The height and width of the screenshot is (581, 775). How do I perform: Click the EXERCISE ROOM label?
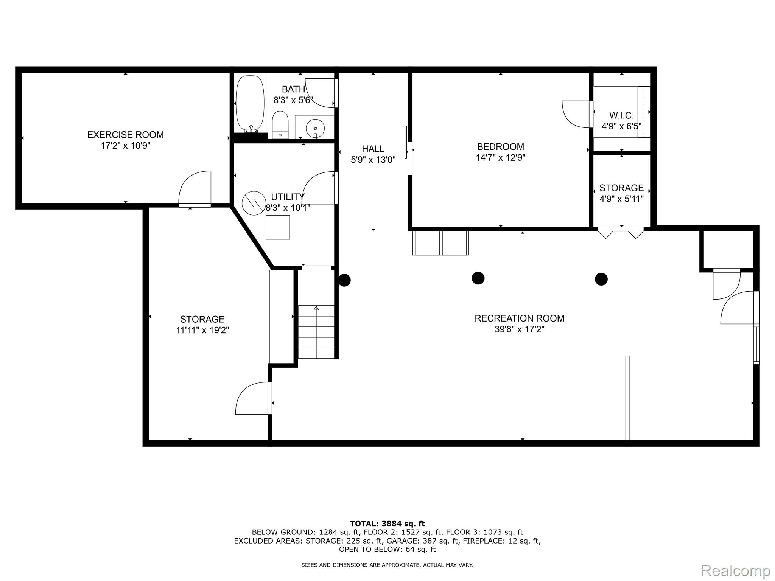pos(125,135)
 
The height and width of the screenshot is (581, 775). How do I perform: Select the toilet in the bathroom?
pos(280,124)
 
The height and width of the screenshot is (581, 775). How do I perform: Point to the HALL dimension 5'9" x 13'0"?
pos(373,160)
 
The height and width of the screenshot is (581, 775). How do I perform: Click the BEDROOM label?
pos(500,147)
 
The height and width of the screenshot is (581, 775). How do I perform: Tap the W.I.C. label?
pos(621,115)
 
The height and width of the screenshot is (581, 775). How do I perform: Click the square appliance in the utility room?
pos(278,227)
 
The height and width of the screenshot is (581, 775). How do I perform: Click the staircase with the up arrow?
pos(316,331)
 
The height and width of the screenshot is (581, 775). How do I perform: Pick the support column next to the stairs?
pos(344,280)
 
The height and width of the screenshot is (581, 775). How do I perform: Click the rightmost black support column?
pos(601,279)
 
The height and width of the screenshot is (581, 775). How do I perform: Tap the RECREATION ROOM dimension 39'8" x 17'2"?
pos(519,329)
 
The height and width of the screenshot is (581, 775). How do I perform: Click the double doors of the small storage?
pos(621,232)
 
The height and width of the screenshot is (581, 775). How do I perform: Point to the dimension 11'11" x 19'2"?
pos(202,330)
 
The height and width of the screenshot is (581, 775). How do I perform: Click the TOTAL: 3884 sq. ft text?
pos(387,524)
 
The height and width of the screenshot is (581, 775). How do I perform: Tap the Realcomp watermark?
pos(735,570)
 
